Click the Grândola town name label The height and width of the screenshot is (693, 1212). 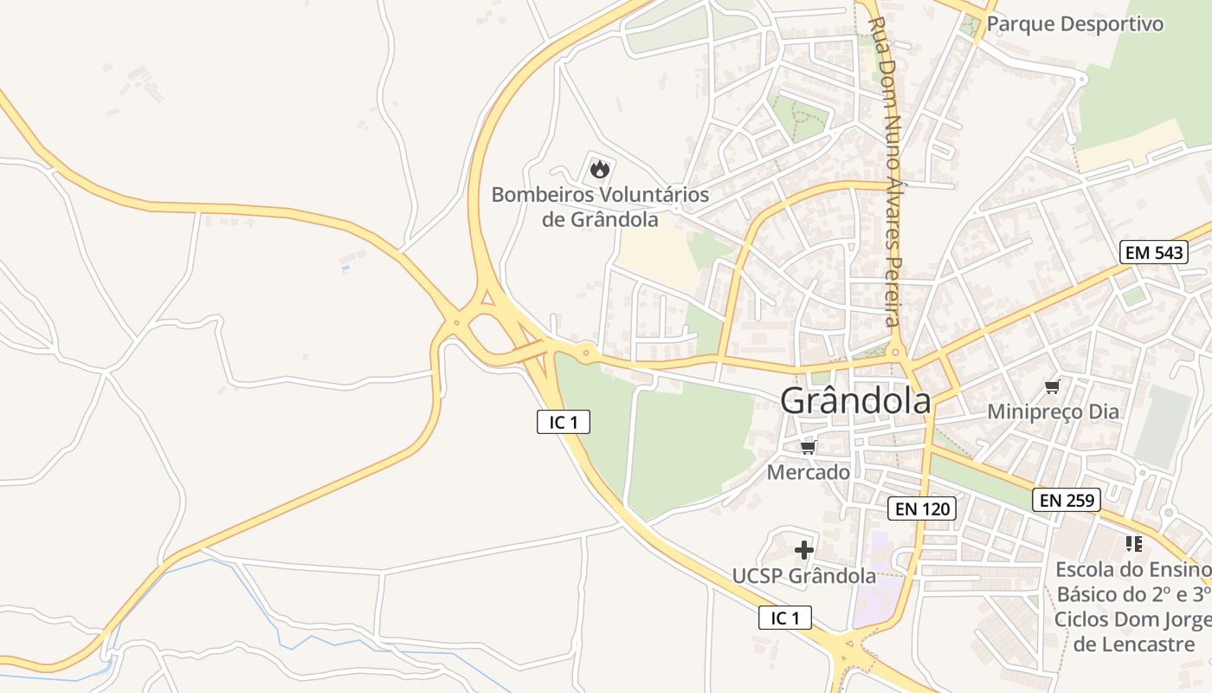(855, 401)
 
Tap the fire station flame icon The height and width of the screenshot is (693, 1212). (600, 168)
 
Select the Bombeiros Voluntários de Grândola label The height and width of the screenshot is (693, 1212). (600, 207)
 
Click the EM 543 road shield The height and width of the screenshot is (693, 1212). (1154, 252)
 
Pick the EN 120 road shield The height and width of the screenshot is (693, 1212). (922, 508)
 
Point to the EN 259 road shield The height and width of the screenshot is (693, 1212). (1067, 500)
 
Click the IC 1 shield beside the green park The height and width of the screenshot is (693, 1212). (564, 422)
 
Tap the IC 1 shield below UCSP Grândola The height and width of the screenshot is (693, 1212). (785, 618)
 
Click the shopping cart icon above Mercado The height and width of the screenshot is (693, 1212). (809, 447)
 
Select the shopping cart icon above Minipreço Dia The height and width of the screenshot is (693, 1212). (1053, 386)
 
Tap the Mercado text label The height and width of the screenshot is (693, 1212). (809, 472)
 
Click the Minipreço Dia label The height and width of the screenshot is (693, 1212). (1053, 411)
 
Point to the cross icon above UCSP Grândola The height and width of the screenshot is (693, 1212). (804, 549)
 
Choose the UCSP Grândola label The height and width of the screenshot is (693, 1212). (804, 576)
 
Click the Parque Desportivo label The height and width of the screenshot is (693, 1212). (1075, 23)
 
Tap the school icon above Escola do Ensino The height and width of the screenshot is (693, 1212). (1134, 544)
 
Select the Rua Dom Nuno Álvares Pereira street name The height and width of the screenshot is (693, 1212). (890, 173)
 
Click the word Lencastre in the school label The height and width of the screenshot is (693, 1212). (1134, 644)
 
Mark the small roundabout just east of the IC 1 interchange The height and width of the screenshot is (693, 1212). (586, 353)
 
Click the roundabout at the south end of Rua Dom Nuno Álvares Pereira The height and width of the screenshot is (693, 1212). (896, 353)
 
